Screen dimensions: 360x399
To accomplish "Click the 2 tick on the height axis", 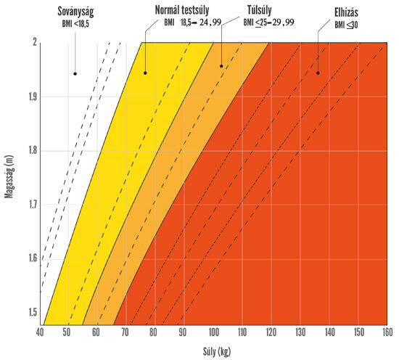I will pos(33,43).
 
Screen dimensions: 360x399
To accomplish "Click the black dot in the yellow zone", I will pos(145,73).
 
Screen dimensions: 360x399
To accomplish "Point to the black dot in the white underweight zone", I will pos(74,73).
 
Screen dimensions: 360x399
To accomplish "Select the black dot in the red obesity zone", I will pos(318,73).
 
